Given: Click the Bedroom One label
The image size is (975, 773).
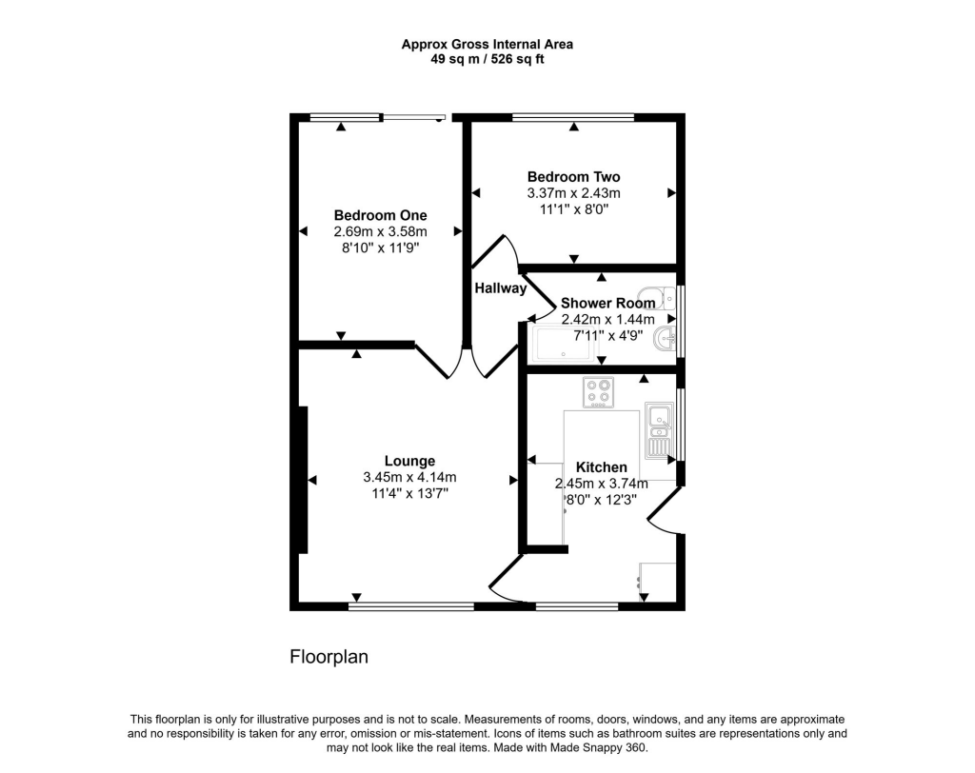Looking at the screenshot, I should pyautogui.click(x=380, y=215).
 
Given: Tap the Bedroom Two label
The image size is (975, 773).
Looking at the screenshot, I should pyautogui.click(x=573, y=177).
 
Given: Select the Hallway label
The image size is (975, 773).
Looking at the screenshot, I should pyautogui.click(x=500, y=288).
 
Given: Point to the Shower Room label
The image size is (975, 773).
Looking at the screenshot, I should pyautogui.click(x=607, y=303).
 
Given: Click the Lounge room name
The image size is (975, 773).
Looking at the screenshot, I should pyautogui.click(x=409, y=461).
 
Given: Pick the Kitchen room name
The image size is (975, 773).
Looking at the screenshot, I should pyautogui.click(x=602, y=467).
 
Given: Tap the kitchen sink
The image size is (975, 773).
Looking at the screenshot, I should pyautogui.click(x=659, y=428).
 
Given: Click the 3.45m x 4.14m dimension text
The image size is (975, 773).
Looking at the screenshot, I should pyautogui.click(x=409, y=478).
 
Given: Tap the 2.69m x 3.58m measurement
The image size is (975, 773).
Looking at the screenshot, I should pyautogui.click(x=380, y=231).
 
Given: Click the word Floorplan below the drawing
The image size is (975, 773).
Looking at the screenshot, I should pyautogui.click(x=328, y=657).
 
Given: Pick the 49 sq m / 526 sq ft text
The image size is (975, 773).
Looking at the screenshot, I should pyautogui.click(x=487, y=59).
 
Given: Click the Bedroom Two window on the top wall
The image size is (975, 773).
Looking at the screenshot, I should pyautogui.click(x=573, y=117).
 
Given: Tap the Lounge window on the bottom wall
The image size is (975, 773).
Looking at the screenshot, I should pyautogui.click(x=410, y=605).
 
